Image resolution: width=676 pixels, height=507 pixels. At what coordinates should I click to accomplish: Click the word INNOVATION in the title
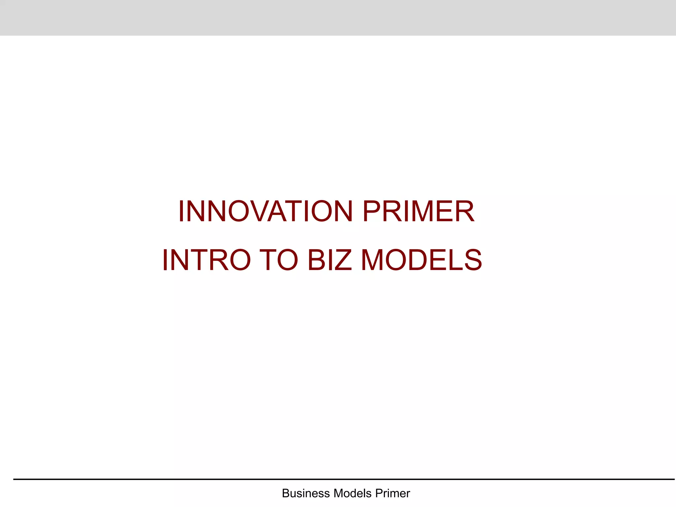click(266, 211)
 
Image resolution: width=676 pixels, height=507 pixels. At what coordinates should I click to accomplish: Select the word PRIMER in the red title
click(419, 211)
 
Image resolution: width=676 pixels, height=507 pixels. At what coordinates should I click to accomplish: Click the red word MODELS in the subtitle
click(422, 260)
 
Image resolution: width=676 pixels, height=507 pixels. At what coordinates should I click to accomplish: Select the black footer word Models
click(353, 493)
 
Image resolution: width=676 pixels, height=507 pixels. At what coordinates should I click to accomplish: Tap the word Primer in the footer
click(392, 493)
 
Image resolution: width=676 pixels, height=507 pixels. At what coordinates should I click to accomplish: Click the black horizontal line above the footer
click(343, 479)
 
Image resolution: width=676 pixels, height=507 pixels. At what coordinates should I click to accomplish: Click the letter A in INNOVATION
click(279, 211)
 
